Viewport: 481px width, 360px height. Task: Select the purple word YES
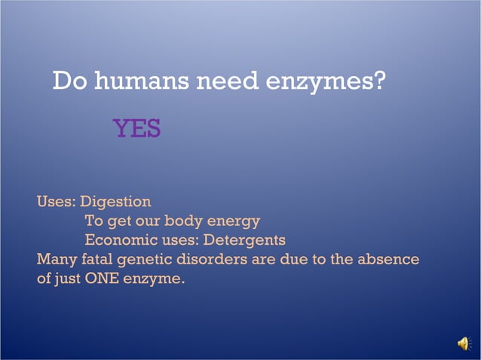[136, 129]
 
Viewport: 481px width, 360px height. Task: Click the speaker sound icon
[463, 344]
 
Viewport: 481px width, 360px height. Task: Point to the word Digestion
[115, 202]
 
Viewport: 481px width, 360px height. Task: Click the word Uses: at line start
[57, 202]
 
